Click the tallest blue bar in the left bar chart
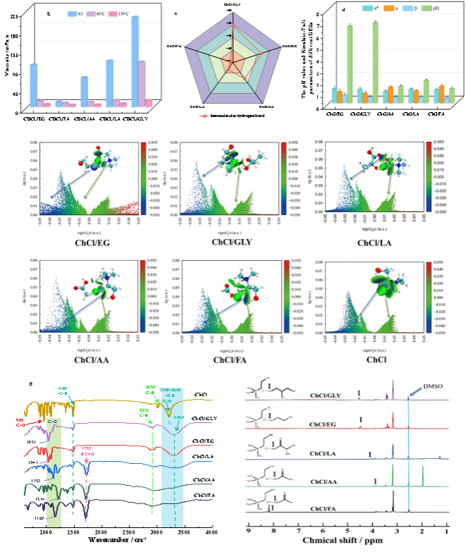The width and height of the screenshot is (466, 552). coord(135,60)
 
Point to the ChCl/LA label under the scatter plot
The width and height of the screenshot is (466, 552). coord(386,242)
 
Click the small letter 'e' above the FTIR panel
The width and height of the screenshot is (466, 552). coord(30,384)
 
